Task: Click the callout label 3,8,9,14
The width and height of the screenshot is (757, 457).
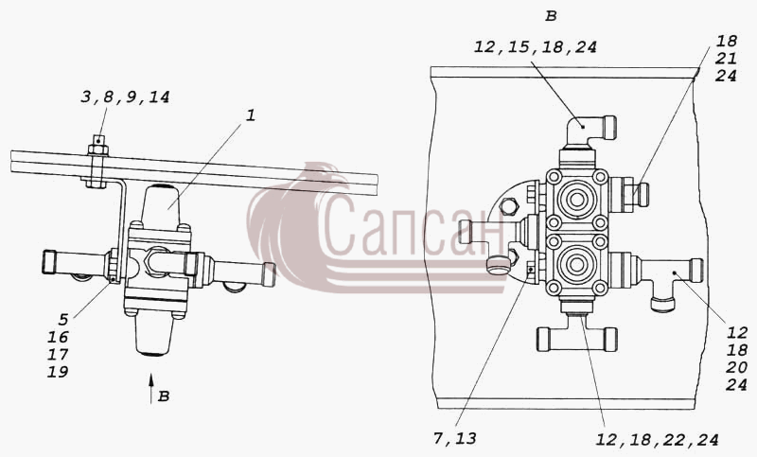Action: click(125, 97)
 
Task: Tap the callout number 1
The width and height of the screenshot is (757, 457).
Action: click(251, 115)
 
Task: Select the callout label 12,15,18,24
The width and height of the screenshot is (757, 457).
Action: click(536, 46)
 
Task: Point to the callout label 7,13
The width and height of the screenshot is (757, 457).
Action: click(455, 438)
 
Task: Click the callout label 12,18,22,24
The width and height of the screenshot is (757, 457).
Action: click(657, 440)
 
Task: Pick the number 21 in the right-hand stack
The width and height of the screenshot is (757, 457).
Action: click(726, 59)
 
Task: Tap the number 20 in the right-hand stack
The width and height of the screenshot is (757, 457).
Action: click(737, 367)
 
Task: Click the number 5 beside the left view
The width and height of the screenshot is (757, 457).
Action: click(63, 319)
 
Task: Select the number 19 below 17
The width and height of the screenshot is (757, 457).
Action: click(58, 372)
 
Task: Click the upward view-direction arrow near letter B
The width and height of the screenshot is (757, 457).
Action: click(151, 388)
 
